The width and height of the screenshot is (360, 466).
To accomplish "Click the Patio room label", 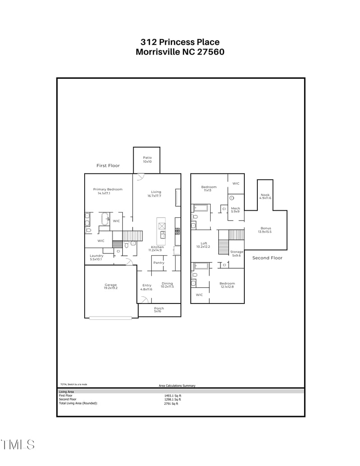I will pyautogui.click(x=147, y=158).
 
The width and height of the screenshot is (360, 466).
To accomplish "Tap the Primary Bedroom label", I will pyautogui.click(x=108, y=190).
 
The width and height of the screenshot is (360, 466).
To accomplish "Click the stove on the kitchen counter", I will pyautogui.click(x=177, y=231).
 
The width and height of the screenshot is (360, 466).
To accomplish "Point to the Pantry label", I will pyautogui.click(x=158, y=263).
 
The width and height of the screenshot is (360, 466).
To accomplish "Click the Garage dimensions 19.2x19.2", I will pyautogui.click(x=111, y=288).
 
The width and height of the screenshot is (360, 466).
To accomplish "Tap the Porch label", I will pyautogui.click(x=159, y=308).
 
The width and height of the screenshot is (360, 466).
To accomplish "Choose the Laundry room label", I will pyautogui.click(x=96, y=256).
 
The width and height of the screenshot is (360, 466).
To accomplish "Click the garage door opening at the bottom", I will pyautogui.click(x=111, y=318).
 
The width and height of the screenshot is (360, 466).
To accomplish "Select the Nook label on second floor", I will pyautogui.click(x=265, y=195).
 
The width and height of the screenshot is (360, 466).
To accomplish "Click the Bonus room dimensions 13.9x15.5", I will pyautogui.click(x=265, y=232).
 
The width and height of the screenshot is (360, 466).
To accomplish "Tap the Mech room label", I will pyautogui.click(x=235, y=208).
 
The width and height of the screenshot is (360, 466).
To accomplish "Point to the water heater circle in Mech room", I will pyautogui.click(x=232, y=198).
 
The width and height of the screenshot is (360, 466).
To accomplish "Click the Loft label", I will pyautogui.click(x=204, y=244).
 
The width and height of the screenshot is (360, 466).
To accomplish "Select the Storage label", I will pyautogui.click(x=237, y=252).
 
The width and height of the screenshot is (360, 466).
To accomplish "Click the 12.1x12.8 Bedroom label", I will pyautogui.click(x=227, y=284).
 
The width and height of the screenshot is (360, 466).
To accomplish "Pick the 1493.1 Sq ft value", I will pyautogui.click(x=172, y=396).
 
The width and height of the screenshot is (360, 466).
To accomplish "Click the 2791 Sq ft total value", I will pyautogui.click(x=171, y=404).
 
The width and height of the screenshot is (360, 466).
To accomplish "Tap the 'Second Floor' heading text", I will pyautogui.click(x=267, y=258).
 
